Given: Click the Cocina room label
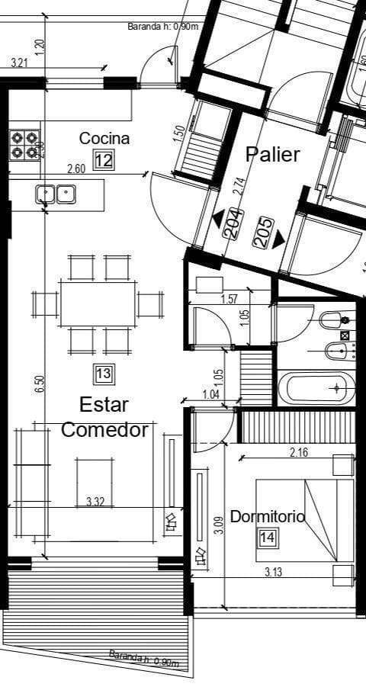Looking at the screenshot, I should pos(104,139).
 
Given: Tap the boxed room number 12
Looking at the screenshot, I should pos(104,160).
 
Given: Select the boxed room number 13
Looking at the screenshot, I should pos(104,374).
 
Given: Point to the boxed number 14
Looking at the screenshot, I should pos(267,538).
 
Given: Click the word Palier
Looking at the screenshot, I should pos(272,154).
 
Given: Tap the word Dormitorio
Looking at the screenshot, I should pos(267,516).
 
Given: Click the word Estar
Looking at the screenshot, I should pos(104,404).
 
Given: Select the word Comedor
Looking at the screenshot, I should pos(104,429).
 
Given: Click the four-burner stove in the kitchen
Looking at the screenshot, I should pos(24,145).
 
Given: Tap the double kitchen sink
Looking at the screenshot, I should pos(56,194).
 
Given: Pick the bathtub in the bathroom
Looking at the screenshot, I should pos(316,388).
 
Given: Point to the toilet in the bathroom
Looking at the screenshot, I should pos(332,320).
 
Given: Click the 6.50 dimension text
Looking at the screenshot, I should pos(40,384).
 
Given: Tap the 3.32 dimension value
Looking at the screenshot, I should pos(95,501).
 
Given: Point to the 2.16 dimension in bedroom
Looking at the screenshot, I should pos(299,453).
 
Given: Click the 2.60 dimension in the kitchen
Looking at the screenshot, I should pos(76,168).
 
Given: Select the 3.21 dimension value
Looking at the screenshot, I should pos(20,63).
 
